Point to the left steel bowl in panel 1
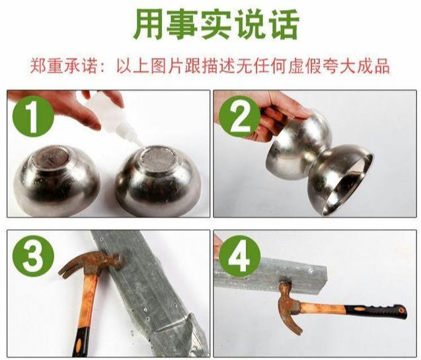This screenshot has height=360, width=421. pos(57,178)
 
